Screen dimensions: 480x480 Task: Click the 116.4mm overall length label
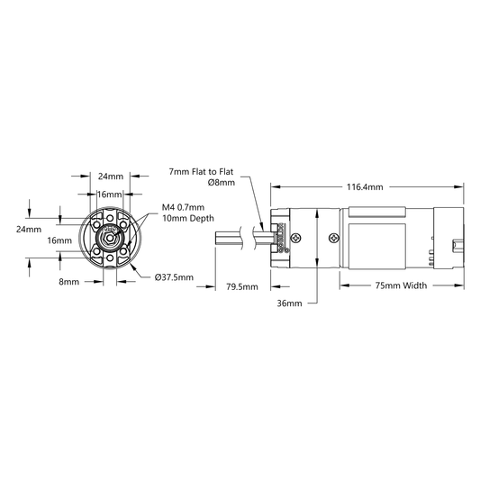coord(365,186)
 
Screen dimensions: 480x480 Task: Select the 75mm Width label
coord(401,285)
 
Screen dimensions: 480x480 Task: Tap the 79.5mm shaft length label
coord(242,287)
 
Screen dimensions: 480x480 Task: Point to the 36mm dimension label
coord(289,303)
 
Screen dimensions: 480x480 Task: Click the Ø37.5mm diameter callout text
coord(174,277)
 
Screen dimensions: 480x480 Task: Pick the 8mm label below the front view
coord(68,282)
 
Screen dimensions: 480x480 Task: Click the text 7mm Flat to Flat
coord(201,171)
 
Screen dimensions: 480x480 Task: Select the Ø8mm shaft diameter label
coord(222,183)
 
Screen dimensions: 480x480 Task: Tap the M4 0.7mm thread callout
coord(183,207)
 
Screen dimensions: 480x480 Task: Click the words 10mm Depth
coord(188,218)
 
